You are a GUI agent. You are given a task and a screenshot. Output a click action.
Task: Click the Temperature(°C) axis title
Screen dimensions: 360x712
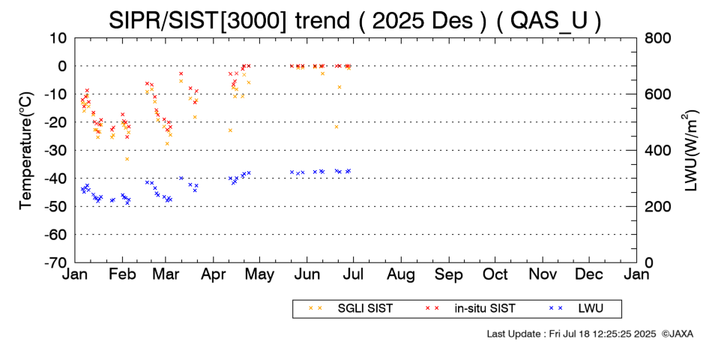(x=25, y=150)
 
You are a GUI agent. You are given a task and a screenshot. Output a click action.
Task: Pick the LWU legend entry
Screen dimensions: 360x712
(x=589, y=308)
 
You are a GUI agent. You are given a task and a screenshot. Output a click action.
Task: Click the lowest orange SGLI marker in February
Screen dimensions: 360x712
(x=127, y=159)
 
